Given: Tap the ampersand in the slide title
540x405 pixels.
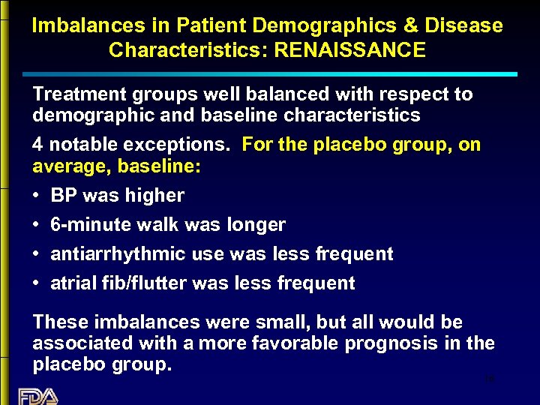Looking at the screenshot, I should coord(411,25).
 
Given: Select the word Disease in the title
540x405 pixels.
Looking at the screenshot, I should coord(465,25).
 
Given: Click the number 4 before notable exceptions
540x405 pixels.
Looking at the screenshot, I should coord(37,145).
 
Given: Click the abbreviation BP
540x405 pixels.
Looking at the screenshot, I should coord(63,196).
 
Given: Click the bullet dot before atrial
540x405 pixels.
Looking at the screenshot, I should coord(37,283).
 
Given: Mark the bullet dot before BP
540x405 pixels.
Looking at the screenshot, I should coord(37,196).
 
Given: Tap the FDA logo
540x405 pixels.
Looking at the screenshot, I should coord(37,395).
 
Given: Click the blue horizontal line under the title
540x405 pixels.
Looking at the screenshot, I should coord(270,74).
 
